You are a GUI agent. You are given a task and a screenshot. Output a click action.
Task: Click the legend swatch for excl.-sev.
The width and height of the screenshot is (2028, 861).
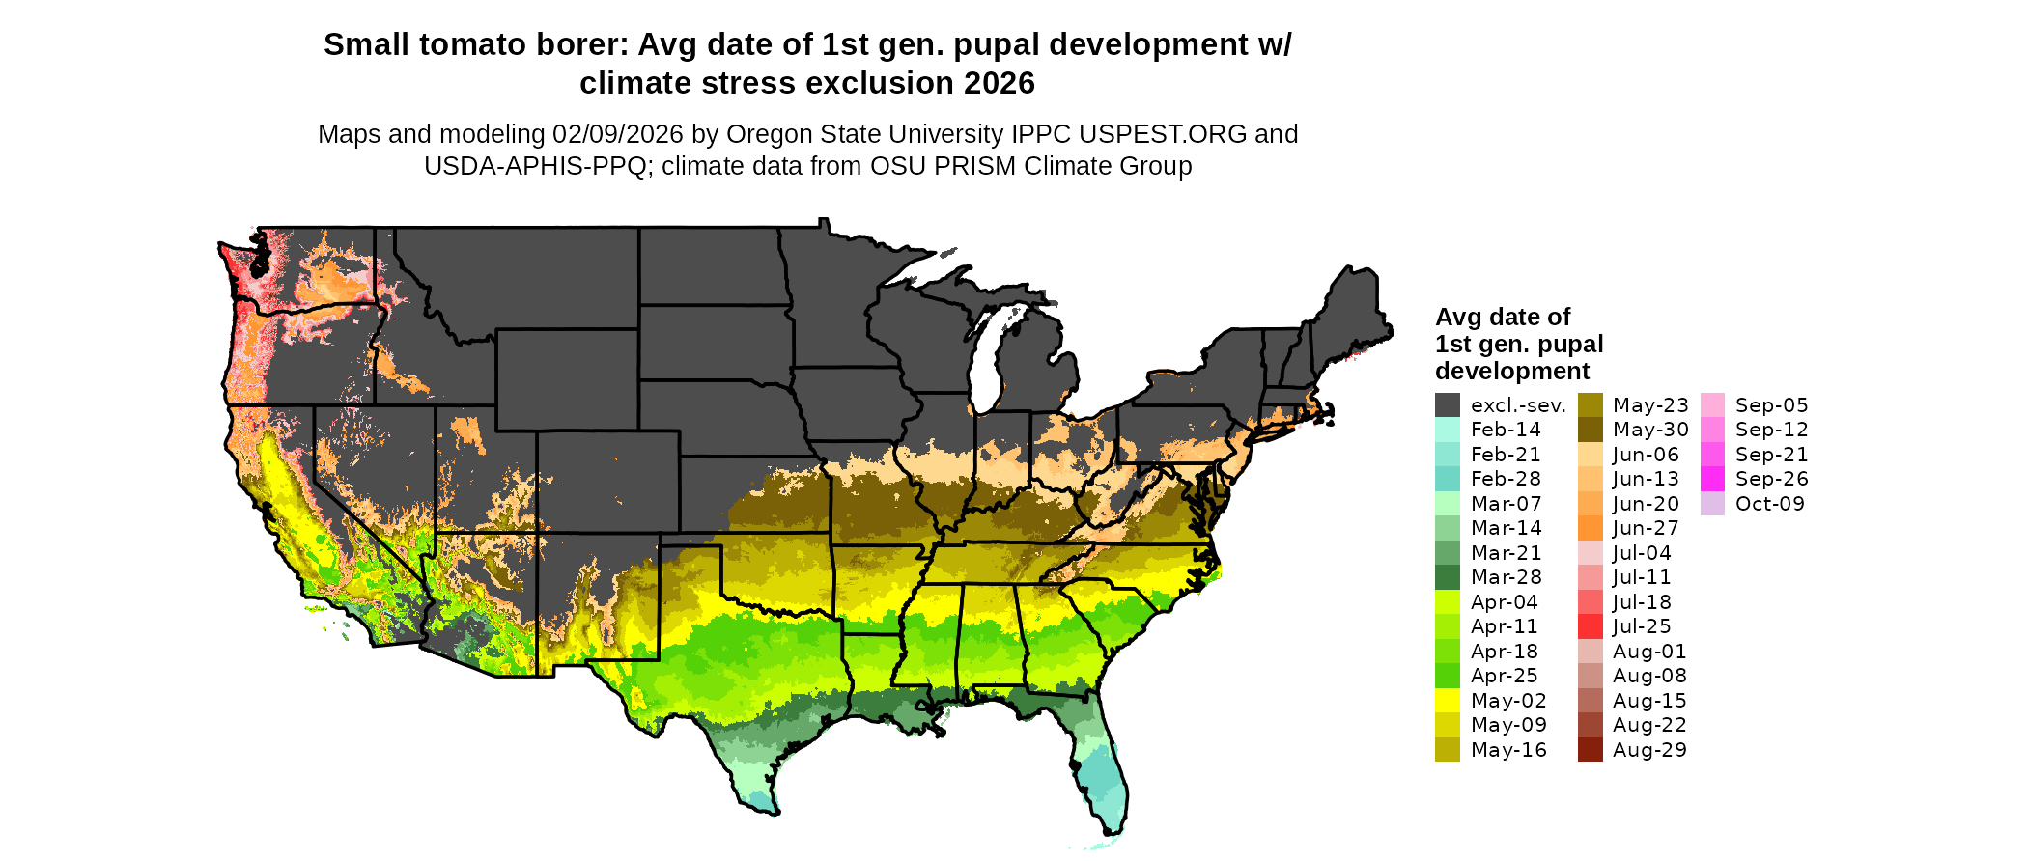(x=1447, y=405)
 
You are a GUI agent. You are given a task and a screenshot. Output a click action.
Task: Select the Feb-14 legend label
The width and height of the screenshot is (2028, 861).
(x=1506, y=430)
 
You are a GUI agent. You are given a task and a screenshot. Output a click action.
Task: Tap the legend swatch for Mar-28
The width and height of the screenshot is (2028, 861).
(x=1447, y=577)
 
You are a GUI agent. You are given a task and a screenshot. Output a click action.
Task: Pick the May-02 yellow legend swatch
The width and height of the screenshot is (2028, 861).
(x=1447, y=701)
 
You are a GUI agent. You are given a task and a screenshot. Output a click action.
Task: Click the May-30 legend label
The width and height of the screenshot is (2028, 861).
(x=1650, y=430)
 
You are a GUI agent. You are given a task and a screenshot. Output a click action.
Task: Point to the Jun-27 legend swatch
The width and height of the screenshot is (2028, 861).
(x=1590, y=528)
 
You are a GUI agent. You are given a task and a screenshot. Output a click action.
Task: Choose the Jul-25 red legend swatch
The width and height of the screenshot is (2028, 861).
(x=1590, y=626)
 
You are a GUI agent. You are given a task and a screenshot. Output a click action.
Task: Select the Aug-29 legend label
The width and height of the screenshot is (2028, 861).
(x=1649, y=750)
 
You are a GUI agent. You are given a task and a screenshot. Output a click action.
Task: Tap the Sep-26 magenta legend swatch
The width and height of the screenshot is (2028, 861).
(x=1712, y=479)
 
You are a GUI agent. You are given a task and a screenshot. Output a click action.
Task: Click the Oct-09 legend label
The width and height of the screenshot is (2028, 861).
(x=1769, y=504)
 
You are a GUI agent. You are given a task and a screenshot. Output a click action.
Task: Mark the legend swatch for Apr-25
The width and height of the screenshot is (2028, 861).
(x=1447, y=676)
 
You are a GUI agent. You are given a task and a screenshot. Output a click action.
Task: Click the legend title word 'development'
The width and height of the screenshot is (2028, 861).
(x=1511, y=372)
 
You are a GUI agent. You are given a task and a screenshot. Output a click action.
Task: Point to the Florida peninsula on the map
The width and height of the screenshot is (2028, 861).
(x=1101, y=772)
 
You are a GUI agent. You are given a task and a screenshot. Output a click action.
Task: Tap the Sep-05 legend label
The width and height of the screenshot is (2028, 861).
(x=1771, y=405)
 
